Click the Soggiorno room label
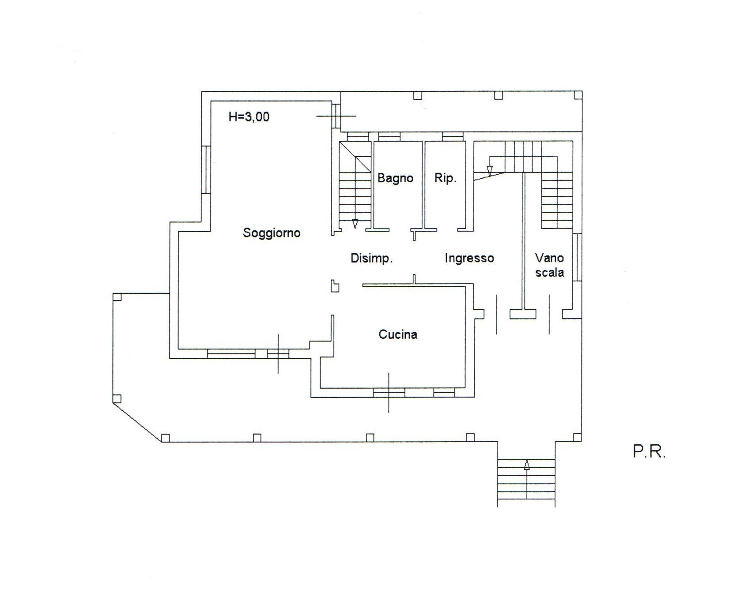(272, 233)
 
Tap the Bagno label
(395, 178)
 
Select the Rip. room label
(445, 178)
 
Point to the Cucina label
(398, 334)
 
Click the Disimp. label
(371, 258)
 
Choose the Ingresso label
(469, 258)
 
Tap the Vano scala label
(550, 265)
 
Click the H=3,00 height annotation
(249, 117)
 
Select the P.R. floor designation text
(649, 452)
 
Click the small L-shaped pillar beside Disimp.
(335, 286)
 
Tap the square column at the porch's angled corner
(117, 399)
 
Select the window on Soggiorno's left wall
(206, 169)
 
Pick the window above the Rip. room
(453, 136)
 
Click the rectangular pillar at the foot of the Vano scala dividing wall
(523, 314)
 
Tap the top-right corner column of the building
(578, 95)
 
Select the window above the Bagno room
(389, 136)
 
